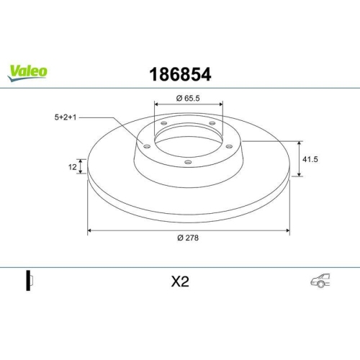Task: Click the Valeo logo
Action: point(28,70)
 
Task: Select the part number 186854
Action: point(179,73)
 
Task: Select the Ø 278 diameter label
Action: point(189,239)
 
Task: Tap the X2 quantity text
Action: point(179,282)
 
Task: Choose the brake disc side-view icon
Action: point(30,282)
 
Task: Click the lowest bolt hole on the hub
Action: point(188,162)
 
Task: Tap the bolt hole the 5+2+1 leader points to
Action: point(147,147)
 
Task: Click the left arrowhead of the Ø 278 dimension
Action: point(90,231)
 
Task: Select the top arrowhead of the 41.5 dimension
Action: point(300,143)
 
